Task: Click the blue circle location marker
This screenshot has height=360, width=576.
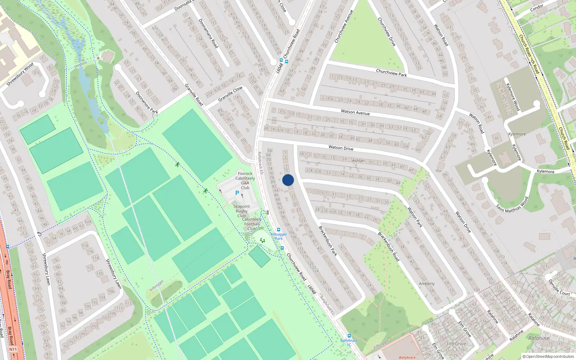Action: pyautogui.click(x=288, y=180)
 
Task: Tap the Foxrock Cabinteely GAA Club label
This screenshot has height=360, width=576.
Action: pyautogui.click(x=245, y=181)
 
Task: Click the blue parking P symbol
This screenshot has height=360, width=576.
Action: pyautogui.click(x=237, y=193)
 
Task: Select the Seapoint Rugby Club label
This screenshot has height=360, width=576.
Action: pyautogui.click(x=242, y=211)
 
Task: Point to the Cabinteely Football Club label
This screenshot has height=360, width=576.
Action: pyautogui.click(x=252, y=224)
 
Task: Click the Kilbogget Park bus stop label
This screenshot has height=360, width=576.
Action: pyautogui.click(x=279, y=236)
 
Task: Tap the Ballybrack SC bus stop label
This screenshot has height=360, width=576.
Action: pyautogui.click(x=349, y=342)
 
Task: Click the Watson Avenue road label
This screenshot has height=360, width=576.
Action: pyautogui.click(x=355, y=113)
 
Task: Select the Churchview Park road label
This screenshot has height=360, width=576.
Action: pyautogui.click(x=391, y=73)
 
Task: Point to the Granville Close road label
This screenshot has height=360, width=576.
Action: pyautogui.click(x=230, y=94)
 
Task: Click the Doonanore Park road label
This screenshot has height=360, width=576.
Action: pyautogui.click(x=147, y=103)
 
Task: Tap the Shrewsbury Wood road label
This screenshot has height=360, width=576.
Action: pyautogui.click(x=20, y=75)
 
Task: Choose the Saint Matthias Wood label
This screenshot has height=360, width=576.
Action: pyautogui.click(x=512, y=204)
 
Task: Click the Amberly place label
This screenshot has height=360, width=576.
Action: pyautogui.click(x=427, y=284)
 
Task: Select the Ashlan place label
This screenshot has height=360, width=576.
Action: pyautogui.click(x=358, y=161)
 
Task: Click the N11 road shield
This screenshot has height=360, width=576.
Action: pyautogui.click(x=13, y=349)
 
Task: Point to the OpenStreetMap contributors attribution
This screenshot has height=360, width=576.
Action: pyautogui.click(x=548, y=356)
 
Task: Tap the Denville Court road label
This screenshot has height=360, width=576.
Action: pyautogui.click(x=559, y=287)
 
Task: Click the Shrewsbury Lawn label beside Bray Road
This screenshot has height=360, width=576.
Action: pyautogui.click(x=46, y=269)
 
